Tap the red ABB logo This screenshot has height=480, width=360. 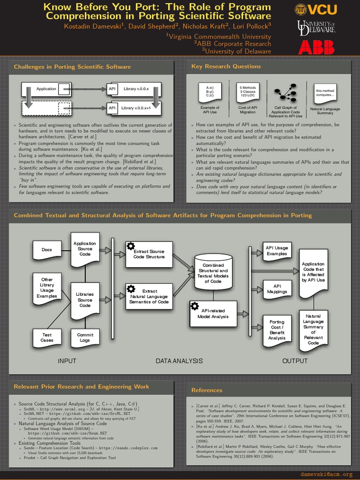(x=316, y=46)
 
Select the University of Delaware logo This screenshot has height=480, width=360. (x=316, y=27)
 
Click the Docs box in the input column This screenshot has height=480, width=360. (x=47, y=250)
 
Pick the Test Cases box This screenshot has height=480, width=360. (x=47, y=337)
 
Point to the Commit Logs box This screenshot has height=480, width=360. (x=85, y=337)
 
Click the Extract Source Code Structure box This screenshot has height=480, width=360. (x=149, y=254)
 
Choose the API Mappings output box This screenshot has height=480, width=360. (x=277, y=288)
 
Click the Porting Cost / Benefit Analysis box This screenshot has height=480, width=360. (x=277, y=330)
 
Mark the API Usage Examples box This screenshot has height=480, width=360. (x=277, y=251)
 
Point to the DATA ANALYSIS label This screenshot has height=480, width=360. (x=179, y=361)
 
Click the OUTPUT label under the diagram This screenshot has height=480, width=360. (x=295, y=361)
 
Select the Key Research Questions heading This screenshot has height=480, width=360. (x=226, y=67)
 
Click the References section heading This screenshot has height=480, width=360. (x=207, y=390)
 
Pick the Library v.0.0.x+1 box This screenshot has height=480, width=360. (x=135, y=108)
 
